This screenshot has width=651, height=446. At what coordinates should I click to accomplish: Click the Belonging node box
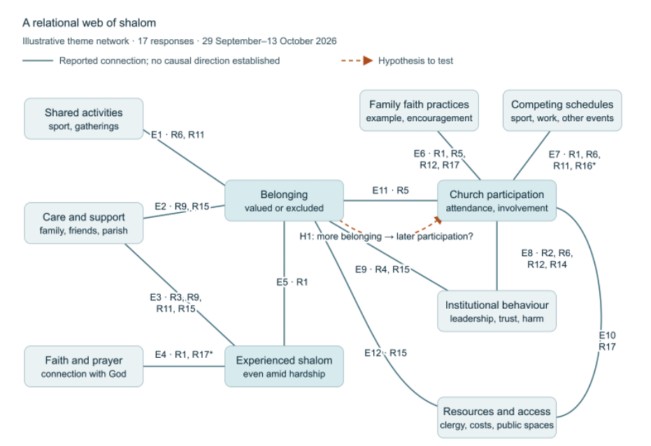click(x=284, y=200)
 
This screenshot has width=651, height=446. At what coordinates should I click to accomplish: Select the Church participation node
click(x=496, y=200)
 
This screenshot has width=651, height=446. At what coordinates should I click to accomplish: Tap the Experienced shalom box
click(x=284, y=366)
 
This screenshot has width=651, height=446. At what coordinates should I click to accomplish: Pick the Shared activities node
click(x=83, y=118)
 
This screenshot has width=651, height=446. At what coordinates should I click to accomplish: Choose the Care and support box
click(x=83, y=223)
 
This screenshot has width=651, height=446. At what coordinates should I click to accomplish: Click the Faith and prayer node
click(x=83, y=366)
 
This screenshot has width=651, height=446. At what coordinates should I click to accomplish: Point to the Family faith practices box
click(x=419, y=111)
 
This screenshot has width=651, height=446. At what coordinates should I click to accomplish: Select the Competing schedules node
click(x=562, y=111)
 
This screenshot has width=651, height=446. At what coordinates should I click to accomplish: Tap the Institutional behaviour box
click(x=496, y=311)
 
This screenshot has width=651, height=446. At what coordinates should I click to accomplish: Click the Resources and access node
click(x=496, y=417)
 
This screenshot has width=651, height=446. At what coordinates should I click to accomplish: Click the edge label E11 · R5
click(x=390, y=190)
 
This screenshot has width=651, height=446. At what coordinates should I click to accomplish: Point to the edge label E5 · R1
click(x=292, y=282)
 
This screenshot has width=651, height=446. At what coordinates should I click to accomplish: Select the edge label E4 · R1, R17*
click(x=183, y=354)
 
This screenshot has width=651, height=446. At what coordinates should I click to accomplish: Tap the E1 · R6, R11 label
click(x=178, y=134)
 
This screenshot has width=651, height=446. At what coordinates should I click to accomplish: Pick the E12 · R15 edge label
click(x=386, y=353)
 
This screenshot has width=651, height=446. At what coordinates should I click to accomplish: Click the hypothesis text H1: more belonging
click(x=341, y=237)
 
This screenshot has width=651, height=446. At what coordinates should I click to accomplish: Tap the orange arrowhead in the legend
click(x=368, y=61)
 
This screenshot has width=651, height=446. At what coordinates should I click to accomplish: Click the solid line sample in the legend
click(x=38, y=61)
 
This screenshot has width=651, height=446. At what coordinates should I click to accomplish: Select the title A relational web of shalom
click(x=90, y=23)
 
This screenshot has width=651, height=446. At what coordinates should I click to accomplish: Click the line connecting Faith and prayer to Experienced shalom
click(x=184, y=366)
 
